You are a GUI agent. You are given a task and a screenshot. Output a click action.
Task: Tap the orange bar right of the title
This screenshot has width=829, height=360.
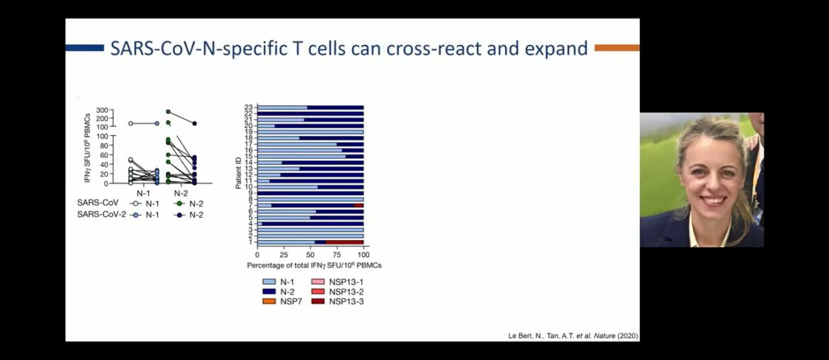[616, 48]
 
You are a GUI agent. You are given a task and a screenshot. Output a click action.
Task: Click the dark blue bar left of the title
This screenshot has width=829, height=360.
[84, 48]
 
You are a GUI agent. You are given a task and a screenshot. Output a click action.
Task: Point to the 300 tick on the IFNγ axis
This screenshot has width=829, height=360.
[101, 111]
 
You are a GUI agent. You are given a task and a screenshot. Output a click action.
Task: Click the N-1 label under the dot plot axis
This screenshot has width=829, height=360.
[144, 192]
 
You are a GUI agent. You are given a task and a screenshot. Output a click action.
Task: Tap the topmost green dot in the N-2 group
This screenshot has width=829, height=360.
[168, 112]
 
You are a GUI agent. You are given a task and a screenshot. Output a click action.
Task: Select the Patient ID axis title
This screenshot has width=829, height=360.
[239, 174]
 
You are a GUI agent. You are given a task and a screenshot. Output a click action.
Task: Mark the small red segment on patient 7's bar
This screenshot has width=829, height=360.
[359, 206]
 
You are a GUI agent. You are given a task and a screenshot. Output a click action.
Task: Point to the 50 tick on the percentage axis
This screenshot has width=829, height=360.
[310, 254]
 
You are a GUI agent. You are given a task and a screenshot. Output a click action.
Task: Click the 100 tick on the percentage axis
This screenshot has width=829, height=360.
[363, 254]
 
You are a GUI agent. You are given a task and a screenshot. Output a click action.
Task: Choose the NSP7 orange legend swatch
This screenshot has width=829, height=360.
[269, 301]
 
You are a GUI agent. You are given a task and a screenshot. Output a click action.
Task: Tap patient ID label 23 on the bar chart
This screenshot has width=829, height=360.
[249, 108]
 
